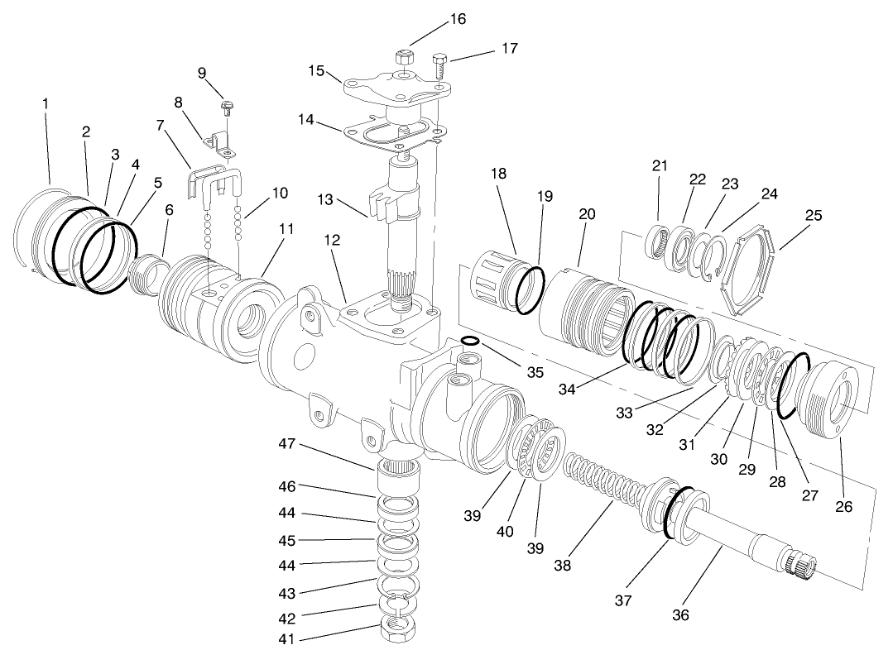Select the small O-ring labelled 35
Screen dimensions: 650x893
(469, 341)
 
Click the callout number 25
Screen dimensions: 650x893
(813, 216)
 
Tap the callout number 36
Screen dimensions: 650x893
(681, 614)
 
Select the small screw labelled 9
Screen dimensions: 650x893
(228, 105)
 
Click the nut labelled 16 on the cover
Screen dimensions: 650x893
(404, 59)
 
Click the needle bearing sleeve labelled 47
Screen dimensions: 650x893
(401, 477)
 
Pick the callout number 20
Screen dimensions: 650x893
(587, 213)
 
